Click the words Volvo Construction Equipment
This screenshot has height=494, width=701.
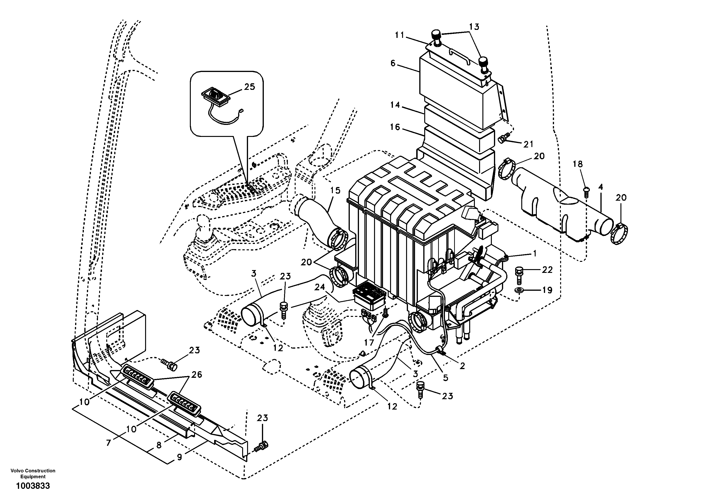[33, 473]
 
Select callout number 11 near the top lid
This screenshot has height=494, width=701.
[399, 35]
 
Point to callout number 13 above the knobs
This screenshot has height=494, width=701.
[474, 27]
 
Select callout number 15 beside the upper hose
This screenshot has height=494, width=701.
[335, 191]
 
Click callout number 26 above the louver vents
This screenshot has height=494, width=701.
[197, 374]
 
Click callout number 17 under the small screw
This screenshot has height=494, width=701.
[369, 343]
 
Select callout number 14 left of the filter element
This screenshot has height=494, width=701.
[395, 105]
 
